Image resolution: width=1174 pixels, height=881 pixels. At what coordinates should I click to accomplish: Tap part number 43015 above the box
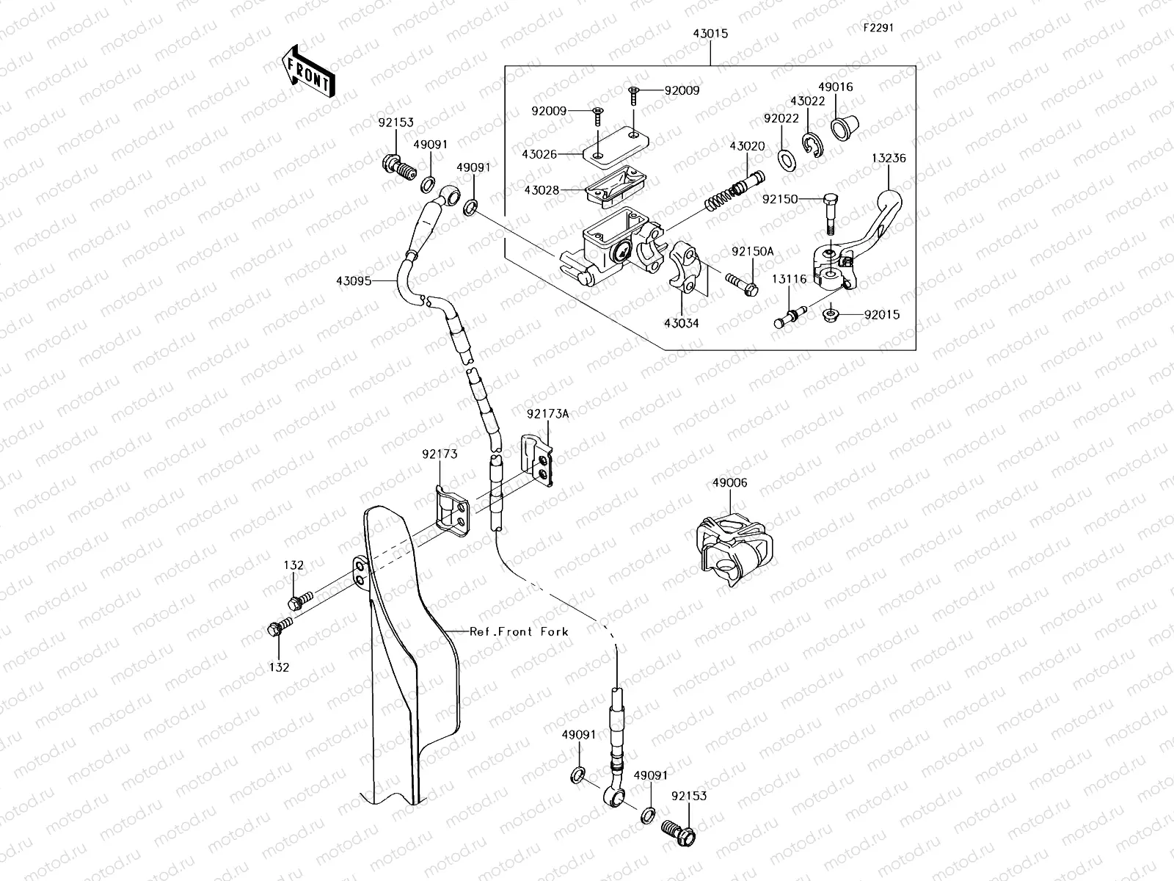pyautogui.click(x=710, y=34)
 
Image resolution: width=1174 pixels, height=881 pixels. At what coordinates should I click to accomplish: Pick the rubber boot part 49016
pyautogui.click(x=840, y=126)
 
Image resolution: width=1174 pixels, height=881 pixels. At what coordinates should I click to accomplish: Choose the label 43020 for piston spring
pyautogui.click(x=747, y=146)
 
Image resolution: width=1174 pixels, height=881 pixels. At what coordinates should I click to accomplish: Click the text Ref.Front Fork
pyautogui.click(x=519, y=631)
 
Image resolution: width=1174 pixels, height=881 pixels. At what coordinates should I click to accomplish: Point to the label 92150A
pyautogui.click(x=752, y=251)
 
